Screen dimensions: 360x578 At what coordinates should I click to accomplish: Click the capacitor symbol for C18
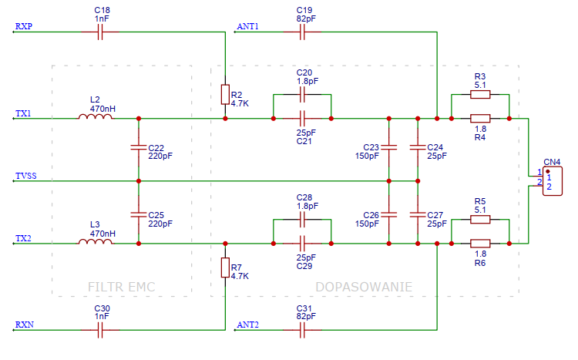click(101, 32)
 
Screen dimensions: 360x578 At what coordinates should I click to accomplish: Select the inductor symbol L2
click(95, 118)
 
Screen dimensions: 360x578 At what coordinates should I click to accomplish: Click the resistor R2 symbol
click(224, 95)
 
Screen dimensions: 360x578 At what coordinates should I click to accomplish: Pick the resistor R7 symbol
click(224, 267)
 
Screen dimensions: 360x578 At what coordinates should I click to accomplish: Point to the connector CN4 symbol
click(551, 182)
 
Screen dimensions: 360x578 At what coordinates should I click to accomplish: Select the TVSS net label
click(25, 177)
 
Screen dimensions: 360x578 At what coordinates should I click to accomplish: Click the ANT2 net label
click(248, 325)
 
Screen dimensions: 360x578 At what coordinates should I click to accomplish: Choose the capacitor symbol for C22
click(138, 146)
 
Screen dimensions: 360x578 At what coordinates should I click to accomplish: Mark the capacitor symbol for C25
click(138, 213)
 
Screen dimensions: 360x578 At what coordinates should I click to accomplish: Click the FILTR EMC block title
click(122, 287)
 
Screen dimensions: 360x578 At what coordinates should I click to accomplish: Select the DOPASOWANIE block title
click(363, 287)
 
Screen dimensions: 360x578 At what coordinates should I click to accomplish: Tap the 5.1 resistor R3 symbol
click(479, 95)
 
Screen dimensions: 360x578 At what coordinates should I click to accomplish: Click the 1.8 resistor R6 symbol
click(479, 243)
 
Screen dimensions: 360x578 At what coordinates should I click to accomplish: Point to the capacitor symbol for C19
click(303, 32)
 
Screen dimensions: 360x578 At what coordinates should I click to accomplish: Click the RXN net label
click(23, 325)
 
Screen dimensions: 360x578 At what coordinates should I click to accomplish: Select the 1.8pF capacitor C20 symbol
click(303, 95)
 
